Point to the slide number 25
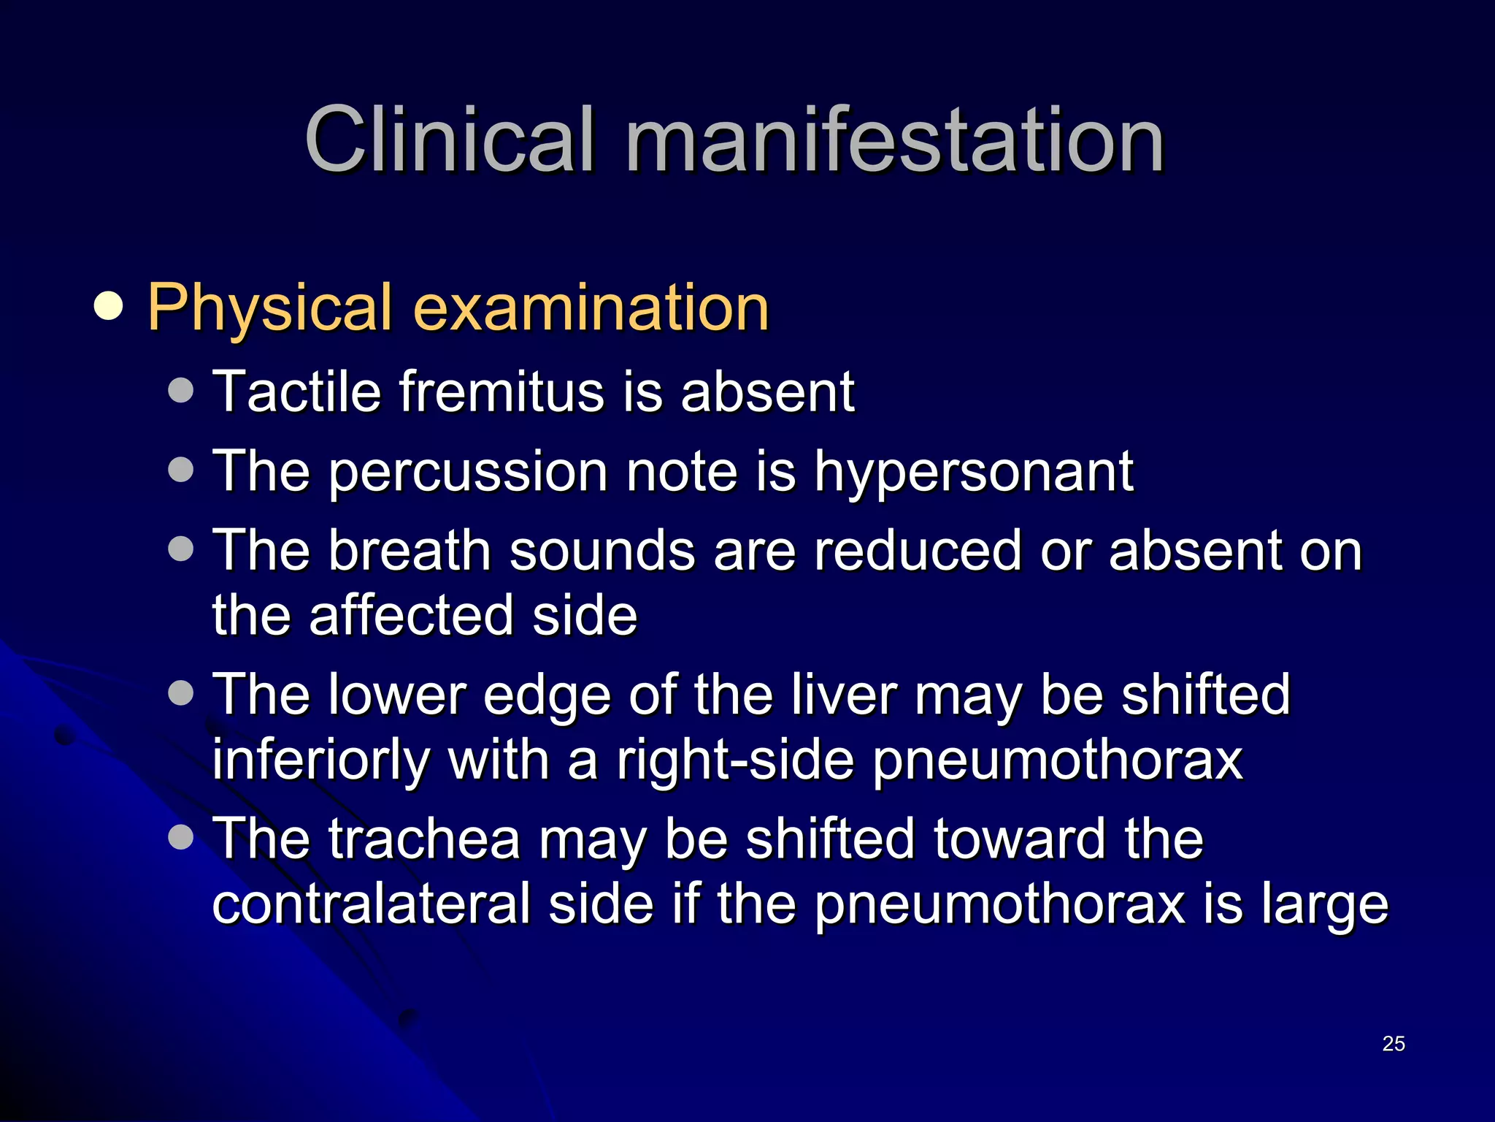1394,1044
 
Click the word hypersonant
974,473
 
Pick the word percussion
468,473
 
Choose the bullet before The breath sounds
180,549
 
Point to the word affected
411,615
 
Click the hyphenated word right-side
735,760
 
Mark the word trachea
424,839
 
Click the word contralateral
371,904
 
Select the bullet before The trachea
180,837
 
